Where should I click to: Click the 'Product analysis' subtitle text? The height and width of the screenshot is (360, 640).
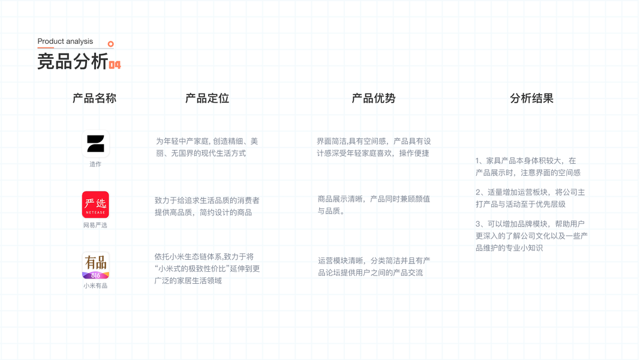pos(65,41)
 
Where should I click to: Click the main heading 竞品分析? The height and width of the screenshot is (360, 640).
pos(73,61)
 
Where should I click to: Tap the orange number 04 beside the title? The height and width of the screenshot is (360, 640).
pos(115,65)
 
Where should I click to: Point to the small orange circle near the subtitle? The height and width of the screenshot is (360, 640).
pos(111,44)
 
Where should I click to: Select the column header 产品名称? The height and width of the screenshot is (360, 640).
pos(94,98)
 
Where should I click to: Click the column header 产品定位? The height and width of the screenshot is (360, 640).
pos(207,98)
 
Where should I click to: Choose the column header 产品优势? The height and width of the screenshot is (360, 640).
pos(373,98)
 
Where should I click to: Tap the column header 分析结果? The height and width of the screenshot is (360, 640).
pos(531,98)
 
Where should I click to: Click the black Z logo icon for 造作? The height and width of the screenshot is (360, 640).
pos(95,144)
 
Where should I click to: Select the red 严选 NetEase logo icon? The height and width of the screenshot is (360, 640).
pos(95,205)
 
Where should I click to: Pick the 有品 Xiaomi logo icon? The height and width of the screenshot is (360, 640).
pos(95,265)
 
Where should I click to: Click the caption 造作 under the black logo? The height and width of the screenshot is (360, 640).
pos(95,164)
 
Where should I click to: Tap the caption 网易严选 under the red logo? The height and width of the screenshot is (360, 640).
pos(95,225)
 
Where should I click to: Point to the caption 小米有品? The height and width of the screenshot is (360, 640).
pos(95,286)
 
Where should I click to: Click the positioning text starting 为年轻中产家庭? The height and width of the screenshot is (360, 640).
pos(207,147)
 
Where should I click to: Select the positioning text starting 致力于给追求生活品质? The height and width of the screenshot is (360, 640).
pos(207,206)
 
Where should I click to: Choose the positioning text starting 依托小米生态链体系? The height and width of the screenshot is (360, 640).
pos(207,268)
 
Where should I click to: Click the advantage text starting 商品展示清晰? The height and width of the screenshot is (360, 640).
pos(373,205)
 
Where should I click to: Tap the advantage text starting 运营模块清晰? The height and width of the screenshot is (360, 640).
pos(373,266)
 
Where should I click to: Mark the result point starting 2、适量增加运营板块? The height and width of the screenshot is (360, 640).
pos(530,198)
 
